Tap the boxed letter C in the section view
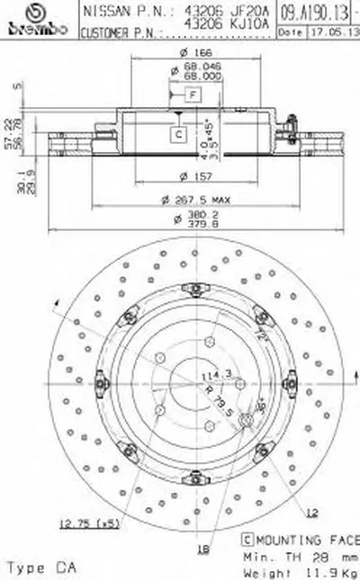[x=178, y=134]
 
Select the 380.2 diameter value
[x=188, y=217]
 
